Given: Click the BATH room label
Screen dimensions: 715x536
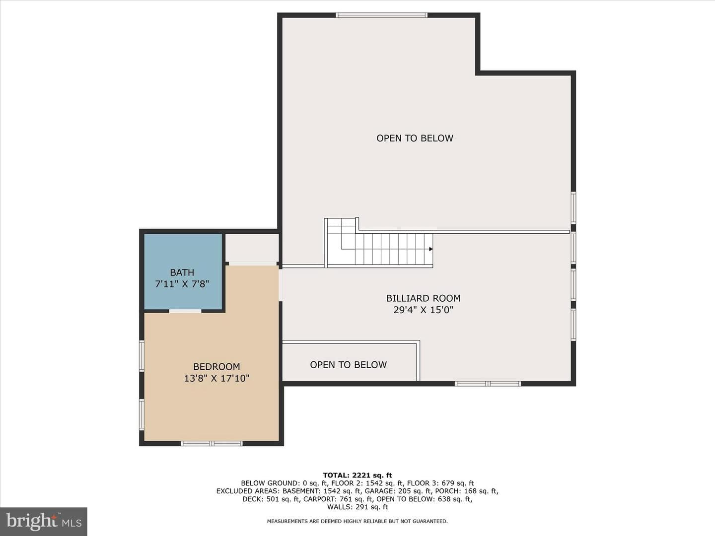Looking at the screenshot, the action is click(x=182, y=272).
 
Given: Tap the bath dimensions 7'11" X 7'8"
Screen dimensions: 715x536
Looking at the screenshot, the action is click(x=182, y=284).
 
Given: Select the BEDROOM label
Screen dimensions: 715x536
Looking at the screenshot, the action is click(x=216, y=367).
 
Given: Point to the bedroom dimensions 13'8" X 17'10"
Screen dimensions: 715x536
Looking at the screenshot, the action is click(x=216, y=379).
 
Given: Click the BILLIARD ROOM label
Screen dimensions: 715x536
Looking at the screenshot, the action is click(x=423, y=298).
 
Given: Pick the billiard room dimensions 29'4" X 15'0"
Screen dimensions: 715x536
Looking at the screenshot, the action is click(x=423, y=310).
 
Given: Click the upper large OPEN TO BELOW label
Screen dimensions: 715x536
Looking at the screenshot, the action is click(x=415, y=138).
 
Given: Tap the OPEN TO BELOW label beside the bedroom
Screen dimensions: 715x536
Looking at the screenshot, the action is click(x=348, y=365).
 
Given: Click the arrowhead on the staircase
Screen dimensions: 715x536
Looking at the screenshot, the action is click(x=431, y=249).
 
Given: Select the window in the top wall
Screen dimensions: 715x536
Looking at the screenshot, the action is click(x=381, y=15).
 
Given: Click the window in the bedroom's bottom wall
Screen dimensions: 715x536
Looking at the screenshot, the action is click(x=212, y=443).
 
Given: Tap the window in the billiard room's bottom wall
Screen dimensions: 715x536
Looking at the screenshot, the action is click(x=488, y=384).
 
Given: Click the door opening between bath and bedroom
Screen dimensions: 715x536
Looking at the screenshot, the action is click(x=185, y=311).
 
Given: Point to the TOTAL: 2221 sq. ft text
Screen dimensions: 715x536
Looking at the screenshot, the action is click(x=357, y=475).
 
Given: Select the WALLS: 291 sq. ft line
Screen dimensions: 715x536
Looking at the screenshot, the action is click(x=357, y=507).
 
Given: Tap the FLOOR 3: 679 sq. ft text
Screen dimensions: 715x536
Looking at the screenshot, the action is click(x=440, y=483).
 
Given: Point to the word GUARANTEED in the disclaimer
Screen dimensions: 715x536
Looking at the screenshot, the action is click(x=430, y=521).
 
